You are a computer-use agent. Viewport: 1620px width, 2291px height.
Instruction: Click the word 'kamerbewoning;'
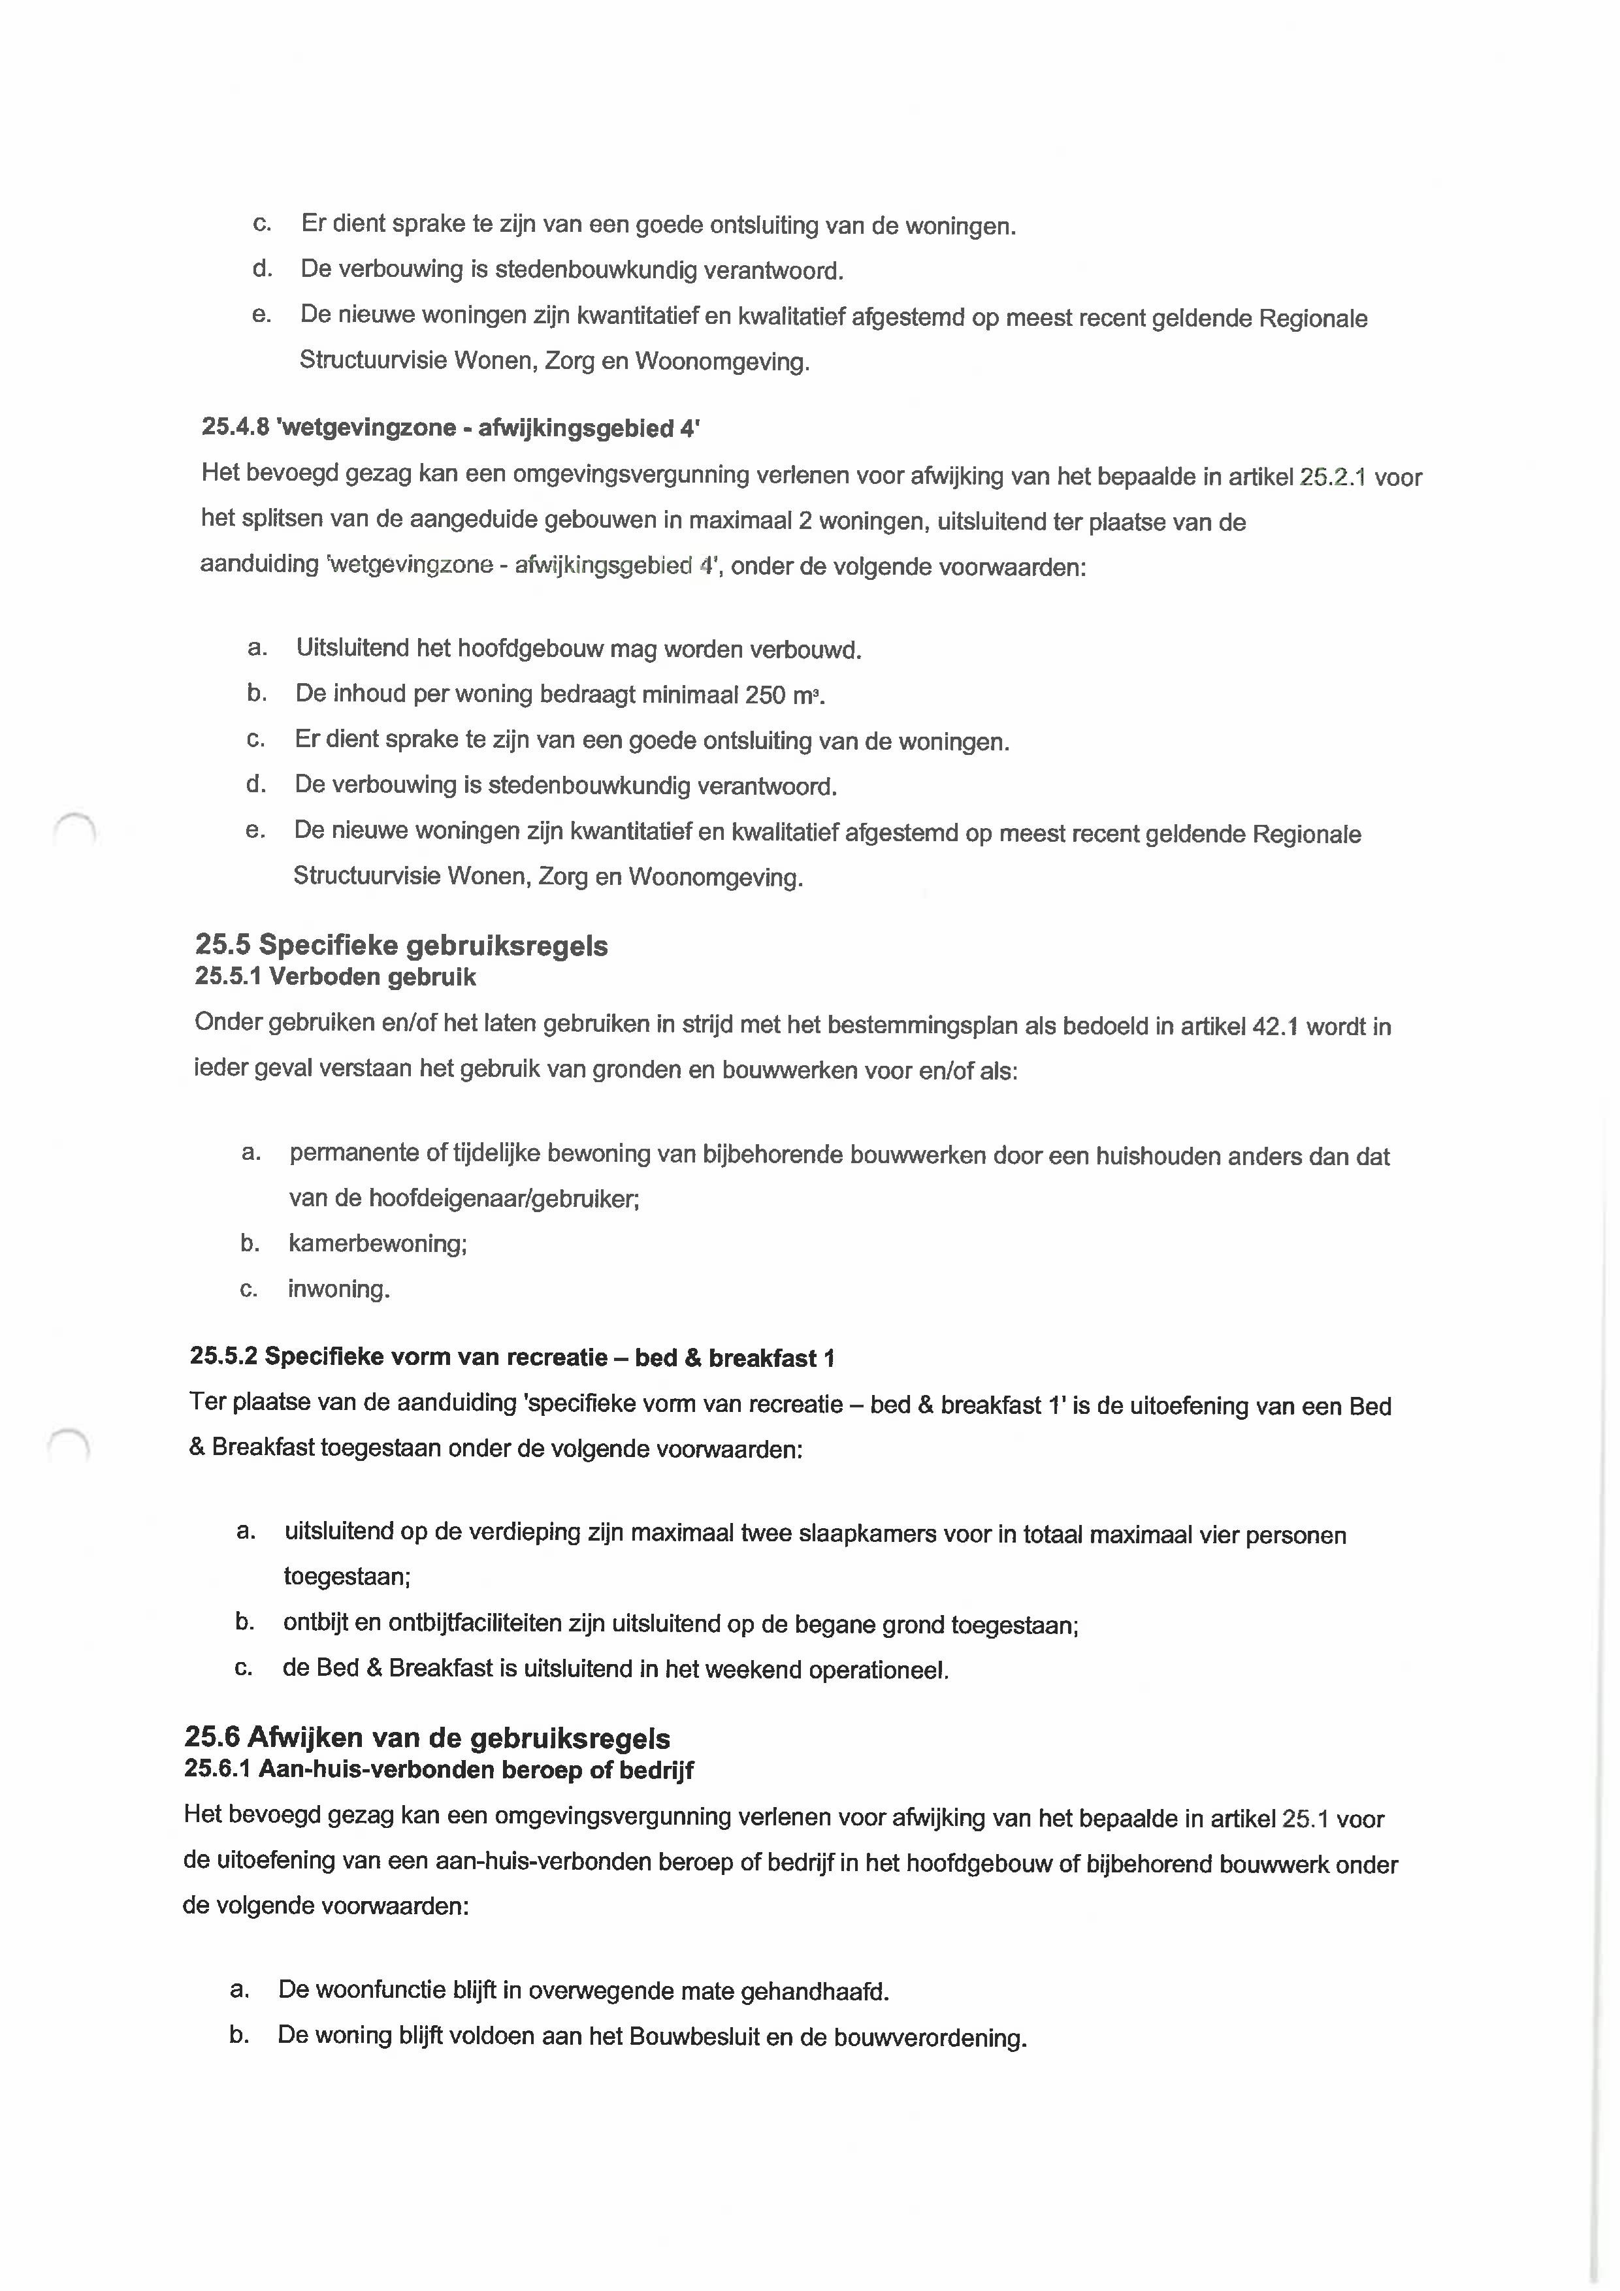378,1243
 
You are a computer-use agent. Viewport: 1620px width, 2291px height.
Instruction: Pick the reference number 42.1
1274,1026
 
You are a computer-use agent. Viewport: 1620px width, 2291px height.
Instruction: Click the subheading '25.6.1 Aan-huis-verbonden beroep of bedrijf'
438,1769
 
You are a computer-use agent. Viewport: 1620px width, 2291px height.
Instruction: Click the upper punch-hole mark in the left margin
74,828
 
